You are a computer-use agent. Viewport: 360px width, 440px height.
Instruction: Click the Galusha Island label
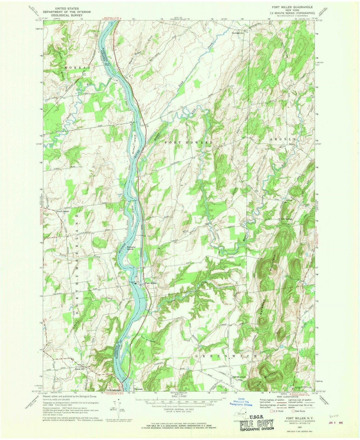click(130, 248)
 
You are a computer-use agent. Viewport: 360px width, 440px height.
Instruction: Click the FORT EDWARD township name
click(189, 143)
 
